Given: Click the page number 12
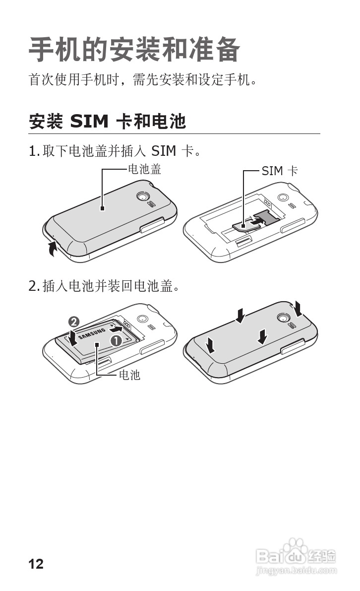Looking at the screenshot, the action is coord(36,564).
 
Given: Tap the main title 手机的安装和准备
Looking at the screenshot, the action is coord(134,50).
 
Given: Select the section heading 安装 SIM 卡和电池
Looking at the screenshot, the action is coord(107,121).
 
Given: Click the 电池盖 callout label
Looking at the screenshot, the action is coord(144,170).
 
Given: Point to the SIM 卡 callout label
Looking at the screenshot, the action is coord(280,171).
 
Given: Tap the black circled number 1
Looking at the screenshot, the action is coord(116,341).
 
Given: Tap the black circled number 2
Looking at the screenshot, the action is coord(73,322).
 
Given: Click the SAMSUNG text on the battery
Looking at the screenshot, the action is coord(93,333).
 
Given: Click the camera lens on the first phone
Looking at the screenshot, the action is coord(143,197).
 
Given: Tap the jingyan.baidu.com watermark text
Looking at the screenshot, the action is coord(297,572).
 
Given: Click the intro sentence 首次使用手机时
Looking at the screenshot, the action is coord(143,79).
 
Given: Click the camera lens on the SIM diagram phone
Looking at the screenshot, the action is coord(283,197).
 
